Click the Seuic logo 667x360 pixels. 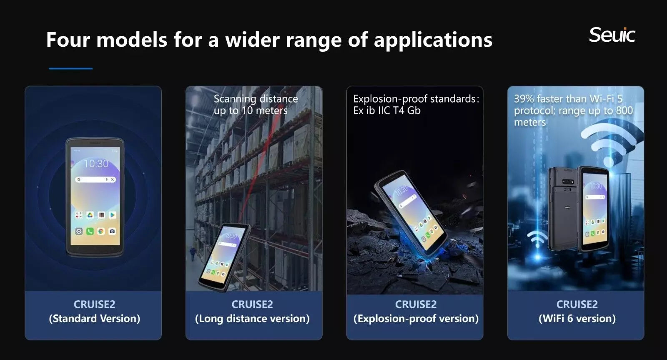[x=612, y=35]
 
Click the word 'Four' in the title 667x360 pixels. [x=68, y=39]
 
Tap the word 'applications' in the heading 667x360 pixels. [x=433, y=40]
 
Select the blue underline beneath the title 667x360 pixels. [x=71, y=68]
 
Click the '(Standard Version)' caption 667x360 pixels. [x=94, y=319]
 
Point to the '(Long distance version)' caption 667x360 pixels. [x=252, y=319]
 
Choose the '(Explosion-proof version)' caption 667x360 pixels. [x=416, y=319]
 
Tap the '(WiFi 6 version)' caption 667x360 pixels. [x=577, y=319]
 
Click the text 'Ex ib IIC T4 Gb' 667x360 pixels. [x=387, y=111]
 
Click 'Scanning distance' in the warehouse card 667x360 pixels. [x=256, y=98]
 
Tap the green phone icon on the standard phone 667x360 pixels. [x=90, y=231]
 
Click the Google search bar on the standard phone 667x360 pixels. [x=95, y=179]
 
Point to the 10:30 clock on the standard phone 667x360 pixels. [x=96, y=164]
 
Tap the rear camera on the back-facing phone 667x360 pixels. [x=567, y=182]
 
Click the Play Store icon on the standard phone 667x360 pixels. [x=113, y=215]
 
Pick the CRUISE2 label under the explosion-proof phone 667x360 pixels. [x=416, y=304]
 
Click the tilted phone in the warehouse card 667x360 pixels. [x=224, y=257]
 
